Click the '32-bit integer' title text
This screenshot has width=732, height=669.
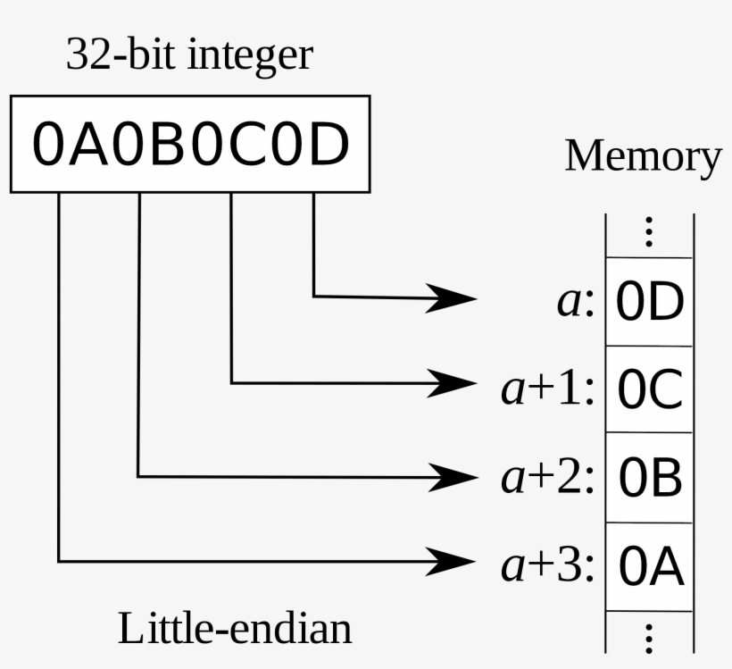click(x=189, y=55)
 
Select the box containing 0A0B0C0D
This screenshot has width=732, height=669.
click(x=189, y=144)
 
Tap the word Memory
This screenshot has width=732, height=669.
click(x=643, y=156)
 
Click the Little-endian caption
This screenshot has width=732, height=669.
click(x=235, y=628)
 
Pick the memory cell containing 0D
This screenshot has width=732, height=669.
click(x=650, y=303)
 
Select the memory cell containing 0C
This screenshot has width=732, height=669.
click(x=650, y=389)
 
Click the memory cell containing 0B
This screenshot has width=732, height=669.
click(x=650, y=479)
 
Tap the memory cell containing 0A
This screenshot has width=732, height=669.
click(x=650, y=567)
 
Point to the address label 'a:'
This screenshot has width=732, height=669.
click(x=575, y=303)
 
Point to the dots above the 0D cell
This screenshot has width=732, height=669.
click(x=649, y=232)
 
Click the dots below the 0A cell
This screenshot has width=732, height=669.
click(x=649, y=638)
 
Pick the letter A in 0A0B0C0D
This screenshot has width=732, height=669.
click(x=90, y=145)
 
